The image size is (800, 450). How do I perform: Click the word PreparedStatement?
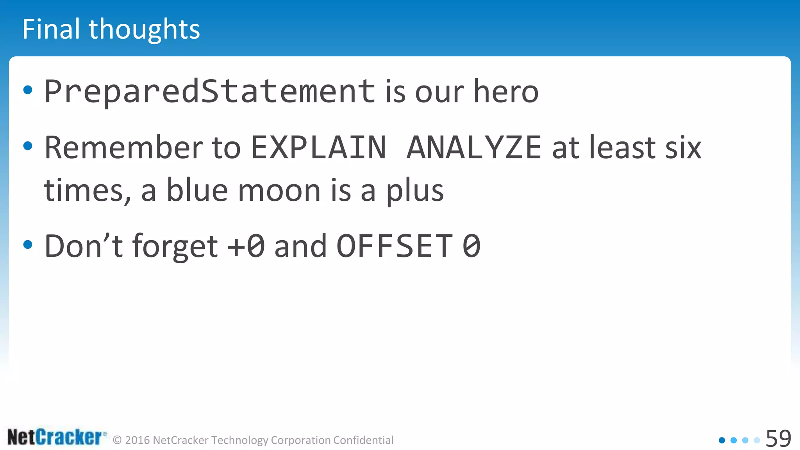coord(210,91)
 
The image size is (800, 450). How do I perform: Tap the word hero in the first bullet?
coord(506,91)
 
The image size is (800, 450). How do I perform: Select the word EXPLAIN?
coord(318,148)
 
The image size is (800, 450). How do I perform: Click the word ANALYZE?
coord(474,148)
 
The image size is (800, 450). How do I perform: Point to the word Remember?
coord(123,148)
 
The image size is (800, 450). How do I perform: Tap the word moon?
coord(279,191)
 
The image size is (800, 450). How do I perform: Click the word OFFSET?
coord(395,246)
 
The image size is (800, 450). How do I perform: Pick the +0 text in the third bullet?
coord(246,246)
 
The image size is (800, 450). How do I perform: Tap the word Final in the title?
coord(51,29)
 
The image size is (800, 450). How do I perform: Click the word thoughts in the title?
coord(144,30)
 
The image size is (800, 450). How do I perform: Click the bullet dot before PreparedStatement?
coord(28,90)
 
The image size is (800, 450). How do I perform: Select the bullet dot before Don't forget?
coord(28,245)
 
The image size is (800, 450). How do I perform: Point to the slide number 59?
coord(778,438)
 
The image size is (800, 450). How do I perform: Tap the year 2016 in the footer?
coord(137,440)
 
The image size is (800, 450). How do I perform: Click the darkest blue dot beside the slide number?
coord(722,440)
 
